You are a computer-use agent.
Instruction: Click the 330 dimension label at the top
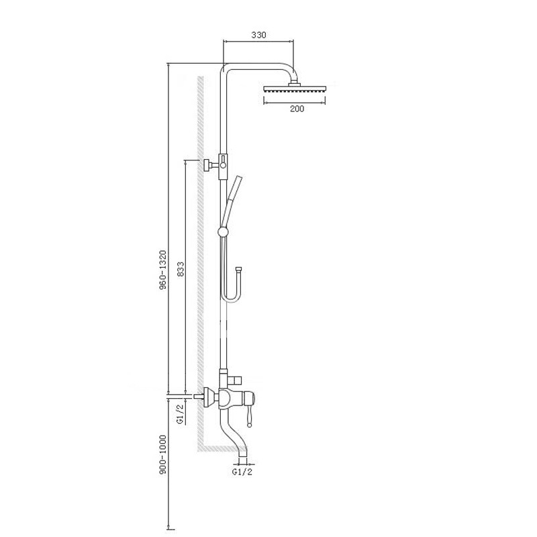(x=259, y=35)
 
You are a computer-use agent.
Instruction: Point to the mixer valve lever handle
(x=250, y=411)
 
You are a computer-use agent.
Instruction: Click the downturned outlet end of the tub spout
(x=242, y=454)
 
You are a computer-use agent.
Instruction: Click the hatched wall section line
(x=199, y=268)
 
